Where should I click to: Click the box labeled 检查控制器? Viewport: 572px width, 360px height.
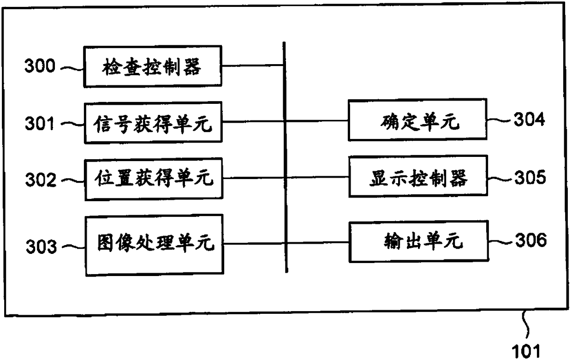tap(153, 66)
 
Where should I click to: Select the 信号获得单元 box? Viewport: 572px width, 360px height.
tap(153, 123)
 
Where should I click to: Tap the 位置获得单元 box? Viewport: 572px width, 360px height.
tap(154, 179)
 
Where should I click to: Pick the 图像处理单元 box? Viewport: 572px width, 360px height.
tap(155, 245)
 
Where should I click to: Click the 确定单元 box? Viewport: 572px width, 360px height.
tap(417, 120)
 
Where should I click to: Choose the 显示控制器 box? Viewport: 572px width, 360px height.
tap(418, 176)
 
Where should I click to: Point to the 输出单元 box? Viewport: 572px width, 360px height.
tap(419, 241)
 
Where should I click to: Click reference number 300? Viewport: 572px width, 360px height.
tap(40, 66)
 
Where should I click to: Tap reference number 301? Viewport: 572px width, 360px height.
tap(40, 123)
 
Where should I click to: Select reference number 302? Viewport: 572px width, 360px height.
tap(41, 180)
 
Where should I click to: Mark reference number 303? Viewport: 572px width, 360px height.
tap(41, 246)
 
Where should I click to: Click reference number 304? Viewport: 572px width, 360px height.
tap(530, 119)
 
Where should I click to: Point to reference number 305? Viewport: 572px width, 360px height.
tap(530, 177)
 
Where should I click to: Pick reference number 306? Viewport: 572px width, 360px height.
tap(531, 240)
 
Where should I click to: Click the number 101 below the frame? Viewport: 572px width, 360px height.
tap(526, 351)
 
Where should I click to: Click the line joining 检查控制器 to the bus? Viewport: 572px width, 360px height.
tap(252, 66)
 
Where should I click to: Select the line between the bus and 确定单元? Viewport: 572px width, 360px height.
tap(316, 121)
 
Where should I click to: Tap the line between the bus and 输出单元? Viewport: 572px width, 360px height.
tap(318, 243)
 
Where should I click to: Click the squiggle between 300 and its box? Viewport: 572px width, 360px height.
tap(72, 68)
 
